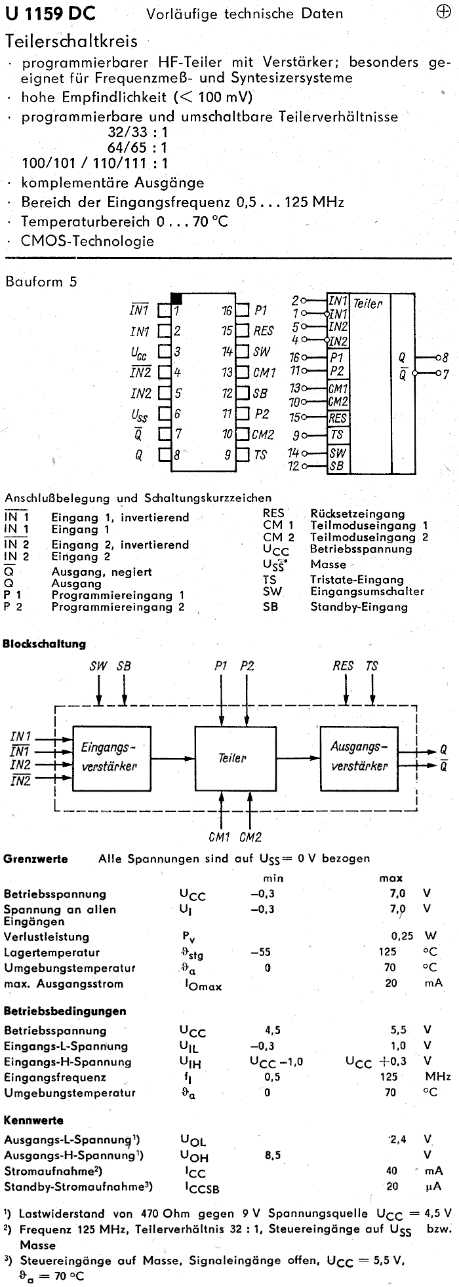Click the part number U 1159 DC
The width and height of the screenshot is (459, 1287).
tap(49, 12)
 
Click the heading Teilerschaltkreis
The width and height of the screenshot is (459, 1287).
tap(71, 41)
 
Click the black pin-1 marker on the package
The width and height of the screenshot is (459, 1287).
tap(176, 297)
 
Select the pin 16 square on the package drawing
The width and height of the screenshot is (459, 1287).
tap(242, 311)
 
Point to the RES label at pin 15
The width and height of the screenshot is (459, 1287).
tap(264, 331)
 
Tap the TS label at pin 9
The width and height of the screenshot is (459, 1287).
tap(260, 454)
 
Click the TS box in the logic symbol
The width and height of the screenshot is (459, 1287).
tap(337, 434)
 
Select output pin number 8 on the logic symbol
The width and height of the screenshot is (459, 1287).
tap(445, 358)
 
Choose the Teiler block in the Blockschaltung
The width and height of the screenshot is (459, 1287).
tap(232, 758)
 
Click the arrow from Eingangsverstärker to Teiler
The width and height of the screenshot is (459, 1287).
tap(170, 759)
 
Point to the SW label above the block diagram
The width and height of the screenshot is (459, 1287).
tap(98, 666)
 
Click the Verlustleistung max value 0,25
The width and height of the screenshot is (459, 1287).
tap(402, 936)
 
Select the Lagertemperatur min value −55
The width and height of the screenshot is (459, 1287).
tap(260, 952)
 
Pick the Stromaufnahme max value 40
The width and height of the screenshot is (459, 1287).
tap(392, 1170)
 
